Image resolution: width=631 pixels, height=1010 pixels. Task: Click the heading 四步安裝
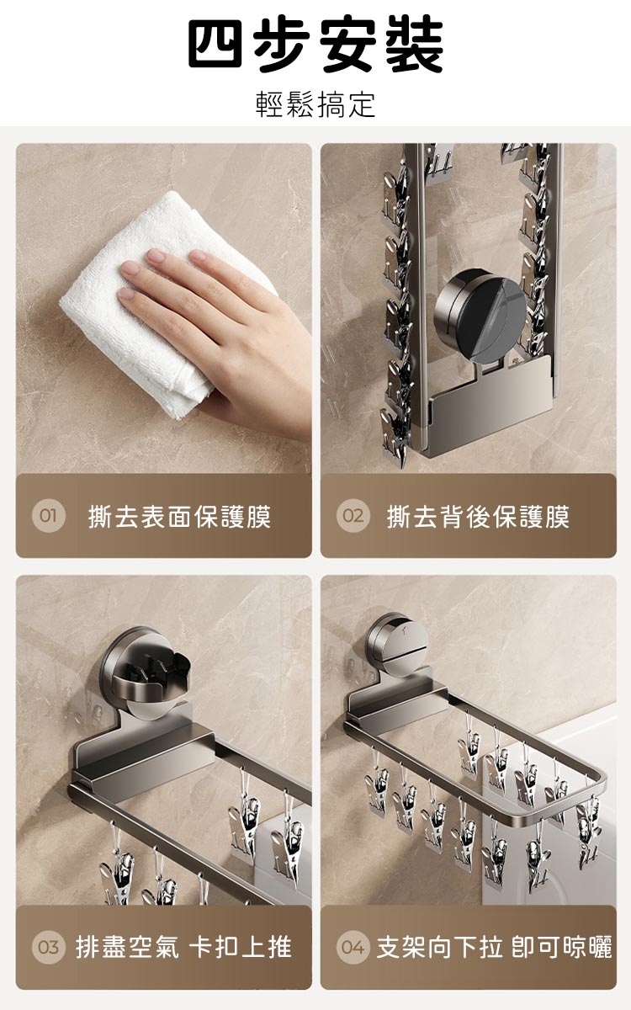(315, 43)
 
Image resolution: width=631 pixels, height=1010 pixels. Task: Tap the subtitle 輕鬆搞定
(315, 104)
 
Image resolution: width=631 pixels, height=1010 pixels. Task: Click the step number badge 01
(48, 515)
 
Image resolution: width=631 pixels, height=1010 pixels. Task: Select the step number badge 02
(353, 515)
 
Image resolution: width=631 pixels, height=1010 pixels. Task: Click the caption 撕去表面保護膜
(180, 517)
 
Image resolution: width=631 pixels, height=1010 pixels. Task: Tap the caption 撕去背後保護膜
(479, 517)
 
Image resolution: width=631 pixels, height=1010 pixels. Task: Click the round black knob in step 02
(480, 316)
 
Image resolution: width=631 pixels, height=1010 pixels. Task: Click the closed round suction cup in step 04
(396, 643)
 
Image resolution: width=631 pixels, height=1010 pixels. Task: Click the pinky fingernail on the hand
(126, 294)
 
